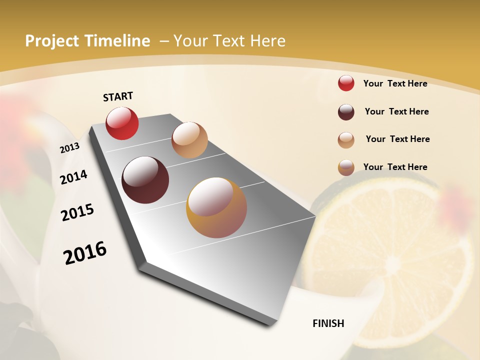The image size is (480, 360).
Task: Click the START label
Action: click(118, 96)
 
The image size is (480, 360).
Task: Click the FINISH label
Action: click(328, 323)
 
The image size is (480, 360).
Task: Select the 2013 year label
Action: click(69, 148)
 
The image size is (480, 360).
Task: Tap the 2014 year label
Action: click(74, 177)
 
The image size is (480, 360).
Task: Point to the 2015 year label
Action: click(77, 212)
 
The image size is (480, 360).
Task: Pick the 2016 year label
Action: click(85, 252)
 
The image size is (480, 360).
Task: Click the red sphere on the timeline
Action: click(122, 123)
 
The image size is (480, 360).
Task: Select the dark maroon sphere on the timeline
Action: click(145, 180)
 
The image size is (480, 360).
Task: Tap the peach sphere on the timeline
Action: click(189, 140)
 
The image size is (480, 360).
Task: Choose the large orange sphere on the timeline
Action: click(216, 207)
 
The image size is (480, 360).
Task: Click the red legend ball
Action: click(346, 83)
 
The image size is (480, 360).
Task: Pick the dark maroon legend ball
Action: click(346, 112)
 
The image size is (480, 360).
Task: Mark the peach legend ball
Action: click(346, 140)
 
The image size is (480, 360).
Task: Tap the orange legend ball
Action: click(346, 168)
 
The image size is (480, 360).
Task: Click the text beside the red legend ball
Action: click(395, 83)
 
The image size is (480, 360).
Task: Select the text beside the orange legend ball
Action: click(395, 167)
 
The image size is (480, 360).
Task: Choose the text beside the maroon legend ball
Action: click(396, 111)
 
